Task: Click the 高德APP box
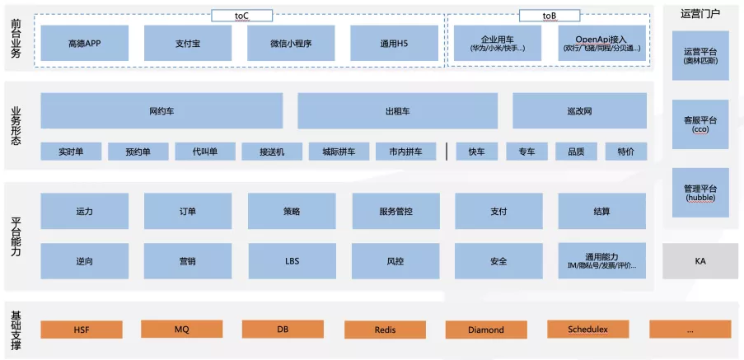point(84,43)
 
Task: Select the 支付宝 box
point(187,43)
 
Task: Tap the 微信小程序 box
point(291,43)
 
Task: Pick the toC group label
point(241,15)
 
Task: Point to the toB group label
point(550,15)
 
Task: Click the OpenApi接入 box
point(601,43)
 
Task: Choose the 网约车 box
point(161,110)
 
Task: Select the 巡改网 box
point(579,110)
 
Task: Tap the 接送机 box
point(272,152)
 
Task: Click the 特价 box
point(625,152)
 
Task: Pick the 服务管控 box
point(395,211)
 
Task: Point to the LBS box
point(292,261)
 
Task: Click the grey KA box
point(700,261)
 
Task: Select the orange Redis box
point(385,330)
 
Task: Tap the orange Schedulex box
point(587,330)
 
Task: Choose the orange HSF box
point(82,330)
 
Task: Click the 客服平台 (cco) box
point(700,124)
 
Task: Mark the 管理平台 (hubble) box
point(700,192)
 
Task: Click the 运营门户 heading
point(700,13)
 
